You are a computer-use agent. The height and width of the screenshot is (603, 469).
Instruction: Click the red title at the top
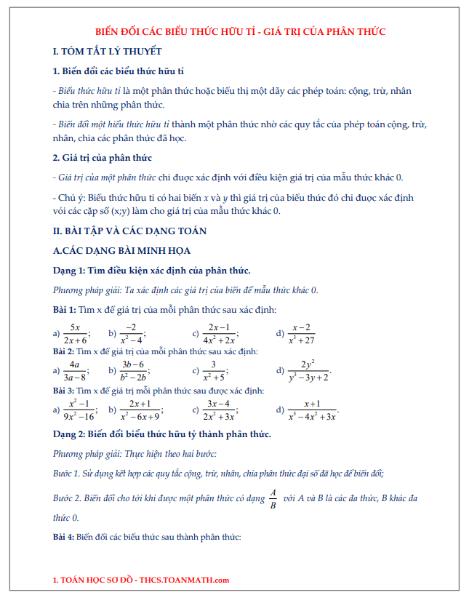[x=241, y=31]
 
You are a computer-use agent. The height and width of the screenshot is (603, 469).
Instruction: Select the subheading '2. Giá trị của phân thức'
[x=103, y=158]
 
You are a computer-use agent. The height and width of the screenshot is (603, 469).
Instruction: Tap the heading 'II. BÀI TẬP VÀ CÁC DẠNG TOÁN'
[x=130, y=231]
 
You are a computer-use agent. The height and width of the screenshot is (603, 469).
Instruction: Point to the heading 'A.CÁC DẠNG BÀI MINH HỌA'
[x=122, y=251]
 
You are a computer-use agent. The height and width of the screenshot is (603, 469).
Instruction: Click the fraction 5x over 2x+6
[x=75, y=334]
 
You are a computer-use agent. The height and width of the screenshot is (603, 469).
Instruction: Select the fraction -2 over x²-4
[x=131, y=334]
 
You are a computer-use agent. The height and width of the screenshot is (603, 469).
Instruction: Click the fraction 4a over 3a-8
[x=74, y=370]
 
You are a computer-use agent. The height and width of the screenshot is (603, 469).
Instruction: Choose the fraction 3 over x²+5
[x=214, y=370]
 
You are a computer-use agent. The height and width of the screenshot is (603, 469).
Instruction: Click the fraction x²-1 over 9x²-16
[x=79, y=410]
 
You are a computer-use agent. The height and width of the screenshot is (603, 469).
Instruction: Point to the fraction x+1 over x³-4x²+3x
[x=313, y=410]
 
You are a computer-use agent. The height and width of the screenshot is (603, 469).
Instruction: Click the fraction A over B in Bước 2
[x=273, y=499]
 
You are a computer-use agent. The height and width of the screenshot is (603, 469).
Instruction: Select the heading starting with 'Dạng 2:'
[x=162, y=434]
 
